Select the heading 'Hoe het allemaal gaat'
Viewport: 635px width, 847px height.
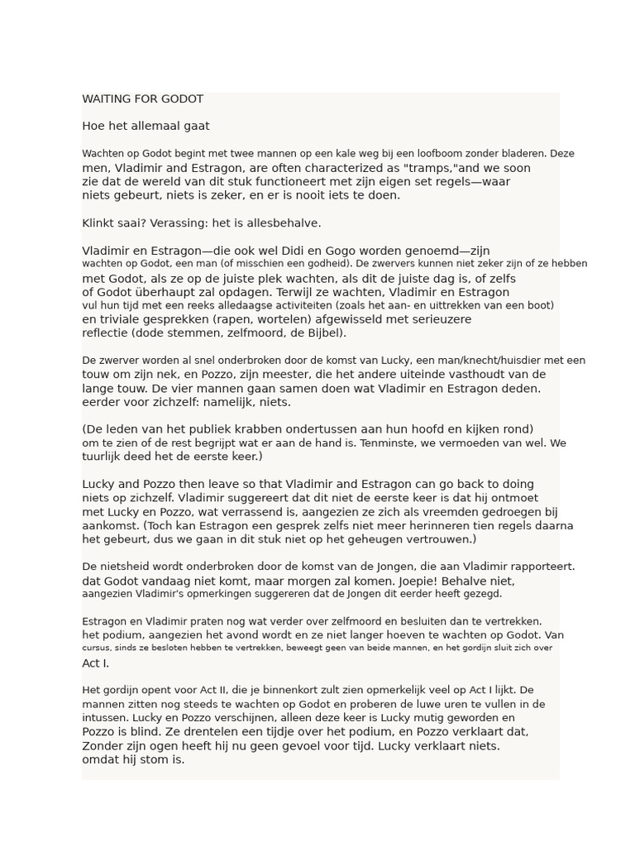click(x=146, y=127)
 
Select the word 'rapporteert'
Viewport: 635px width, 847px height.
click(x=537, y=567)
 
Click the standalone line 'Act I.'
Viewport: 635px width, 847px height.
click(x=96, y=663)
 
